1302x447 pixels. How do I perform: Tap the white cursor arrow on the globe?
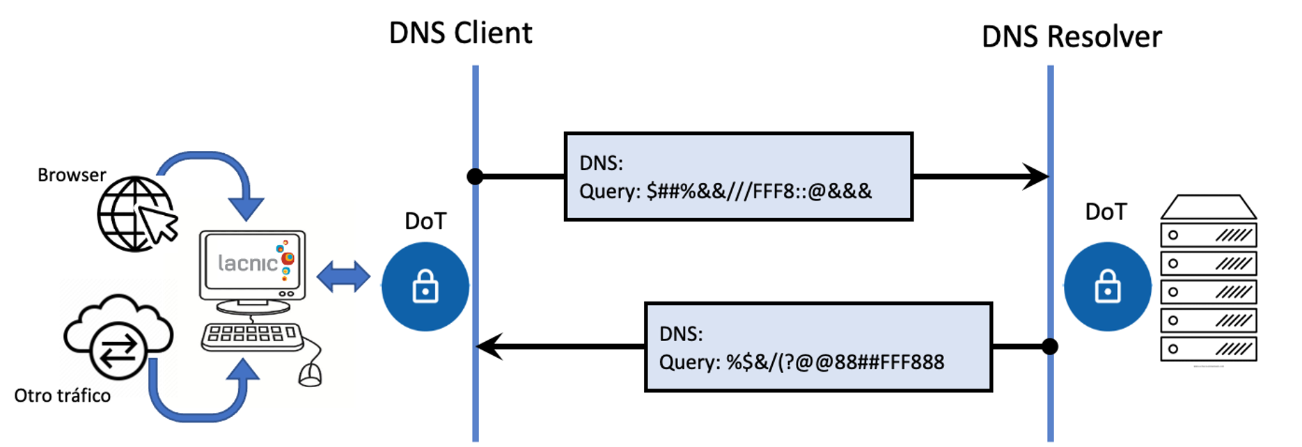159,224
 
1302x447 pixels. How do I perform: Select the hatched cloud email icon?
111,338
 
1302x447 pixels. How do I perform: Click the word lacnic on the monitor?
247,263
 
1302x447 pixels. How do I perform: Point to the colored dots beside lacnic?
286,259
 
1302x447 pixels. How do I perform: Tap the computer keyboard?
251,336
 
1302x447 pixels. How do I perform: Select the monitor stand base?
252,308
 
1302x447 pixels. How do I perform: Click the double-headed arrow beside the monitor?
344,278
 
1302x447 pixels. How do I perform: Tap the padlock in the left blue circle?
425,286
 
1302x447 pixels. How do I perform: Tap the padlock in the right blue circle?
1107,286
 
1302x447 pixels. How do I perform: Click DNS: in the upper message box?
601,164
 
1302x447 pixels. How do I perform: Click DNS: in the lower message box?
681,334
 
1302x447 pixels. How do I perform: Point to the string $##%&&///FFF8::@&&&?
759,191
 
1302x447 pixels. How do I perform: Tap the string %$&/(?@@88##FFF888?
836,362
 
